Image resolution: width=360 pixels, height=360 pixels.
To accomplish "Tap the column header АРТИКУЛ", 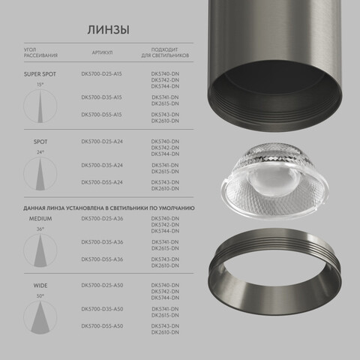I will (103, 54).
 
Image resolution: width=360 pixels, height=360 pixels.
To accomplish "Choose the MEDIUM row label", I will (40, 219).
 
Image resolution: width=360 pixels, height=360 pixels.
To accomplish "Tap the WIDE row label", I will (40, 286).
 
